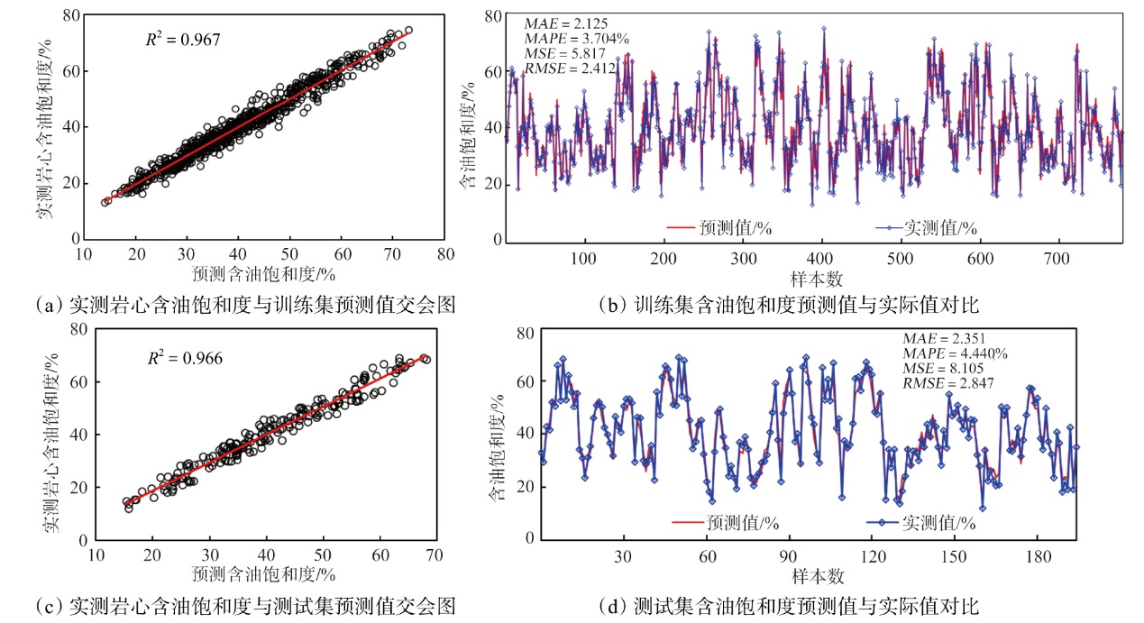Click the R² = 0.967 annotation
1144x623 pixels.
coord(182,40)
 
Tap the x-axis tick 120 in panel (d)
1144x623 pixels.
coord(871,557)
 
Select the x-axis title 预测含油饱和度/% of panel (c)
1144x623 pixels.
coord(264,574)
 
